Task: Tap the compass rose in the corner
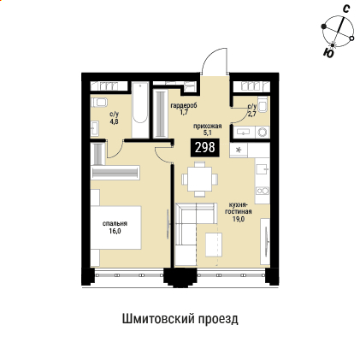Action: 337,32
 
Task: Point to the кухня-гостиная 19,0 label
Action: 238,212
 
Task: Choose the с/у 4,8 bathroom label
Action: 114,117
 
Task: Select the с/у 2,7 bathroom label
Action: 251,109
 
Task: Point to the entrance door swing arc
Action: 213,62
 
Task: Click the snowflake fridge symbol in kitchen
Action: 239,150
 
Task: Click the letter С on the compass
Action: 345,8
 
